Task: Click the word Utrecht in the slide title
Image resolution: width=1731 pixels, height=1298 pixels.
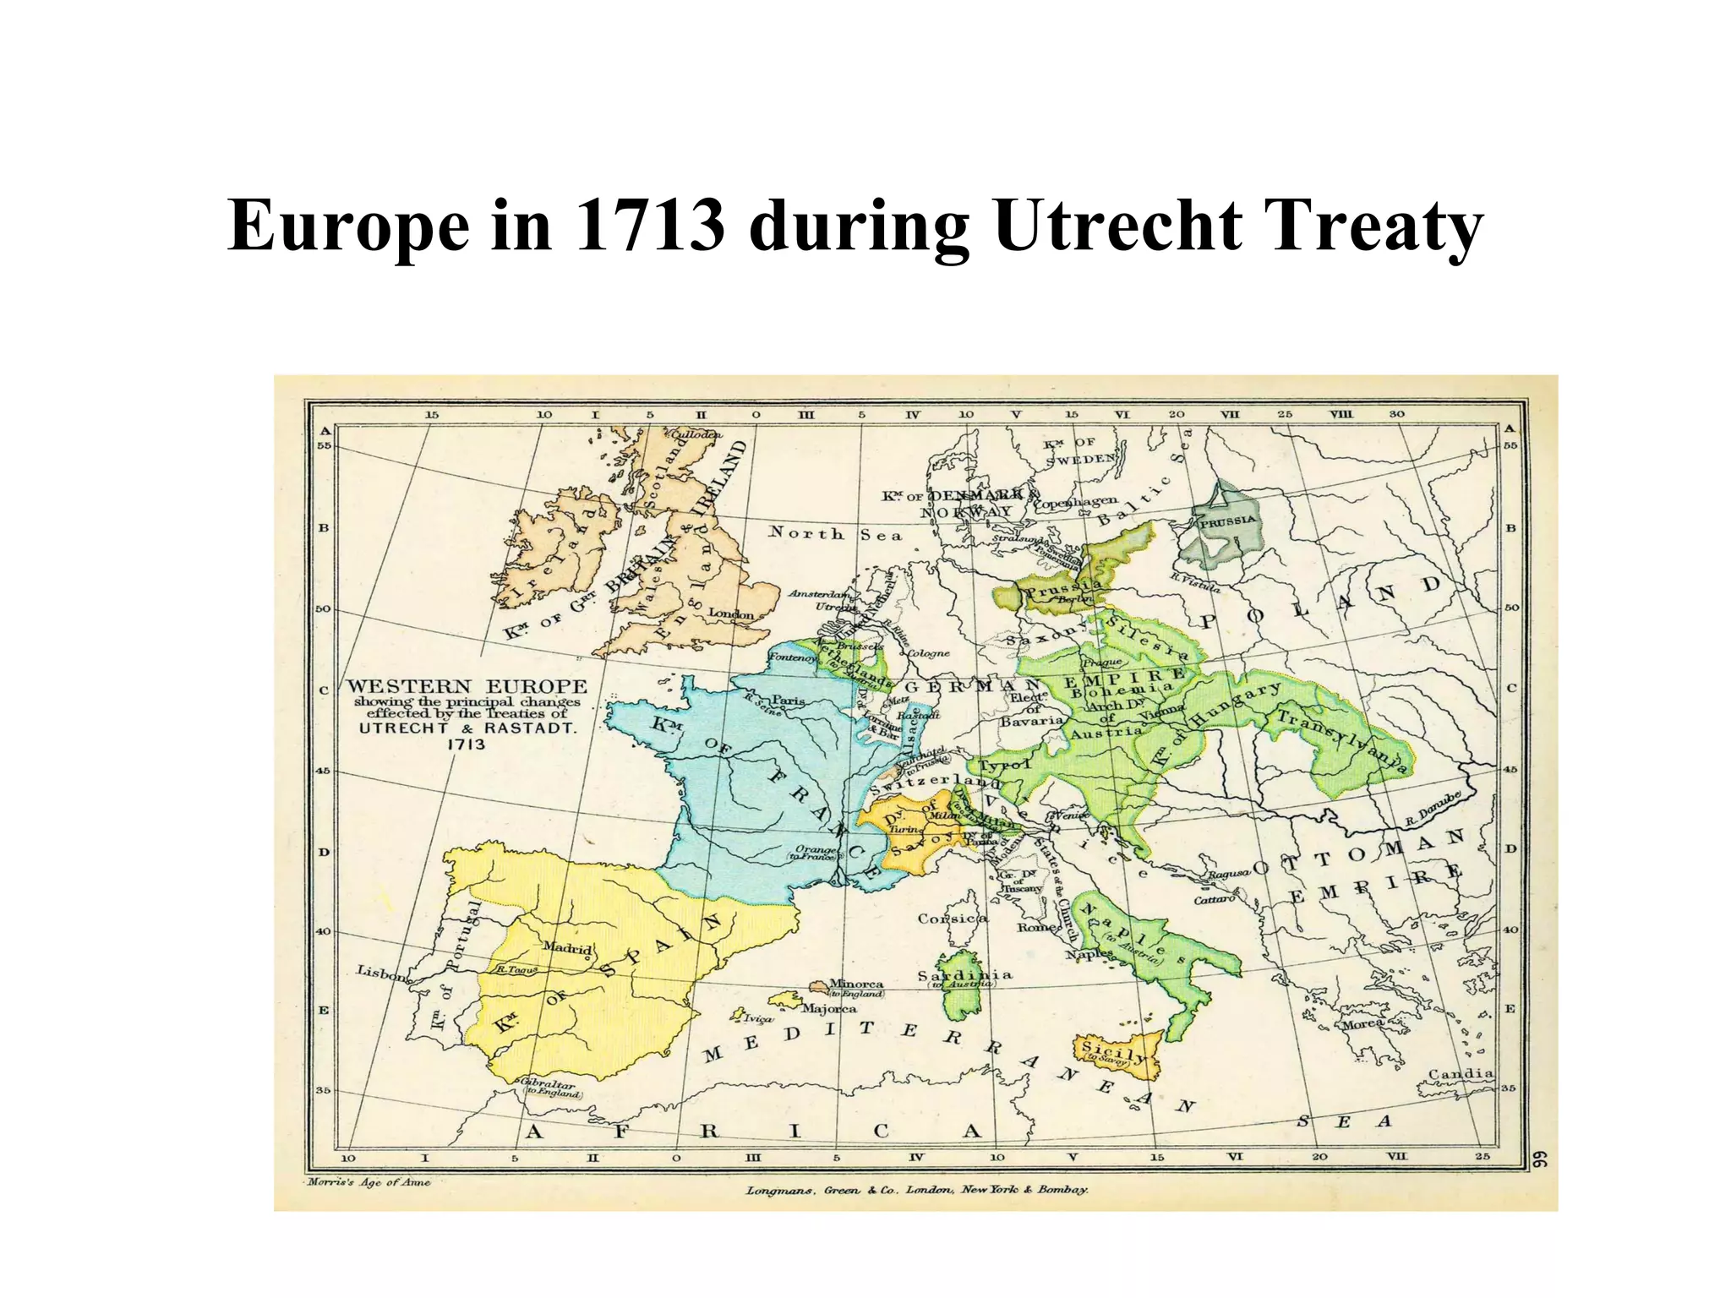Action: click(1118, 226)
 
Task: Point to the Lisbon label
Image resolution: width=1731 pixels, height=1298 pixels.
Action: click(383, 973)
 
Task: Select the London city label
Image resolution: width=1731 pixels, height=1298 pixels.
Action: click(730, 614)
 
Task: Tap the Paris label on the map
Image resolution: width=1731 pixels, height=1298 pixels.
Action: click(788, 701)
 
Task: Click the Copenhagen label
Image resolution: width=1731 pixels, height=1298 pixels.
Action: click(1075, 502)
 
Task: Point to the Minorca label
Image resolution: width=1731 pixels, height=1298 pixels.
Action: click(855, 984)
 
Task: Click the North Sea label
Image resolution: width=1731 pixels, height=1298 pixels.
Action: click(834, 534)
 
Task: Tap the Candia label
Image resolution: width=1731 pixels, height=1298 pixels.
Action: click(1461, 1074)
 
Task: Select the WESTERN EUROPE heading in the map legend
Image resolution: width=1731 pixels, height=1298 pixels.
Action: click(467, 686)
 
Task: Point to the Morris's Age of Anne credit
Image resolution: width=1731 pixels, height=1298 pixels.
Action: click(369, 1182)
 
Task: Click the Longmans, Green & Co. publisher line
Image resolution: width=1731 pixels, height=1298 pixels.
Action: click(916, 1190)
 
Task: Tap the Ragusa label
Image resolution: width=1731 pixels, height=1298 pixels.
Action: click(1228, 873)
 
